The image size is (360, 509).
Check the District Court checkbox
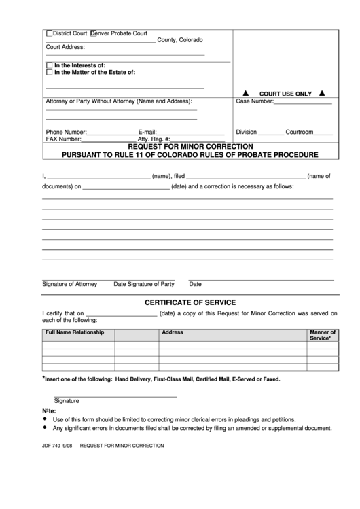pos(49,33)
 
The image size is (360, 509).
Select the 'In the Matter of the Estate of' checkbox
pos(49,72)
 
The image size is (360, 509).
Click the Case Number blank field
pos(302,103)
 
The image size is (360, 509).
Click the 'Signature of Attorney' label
pos(69,284)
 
